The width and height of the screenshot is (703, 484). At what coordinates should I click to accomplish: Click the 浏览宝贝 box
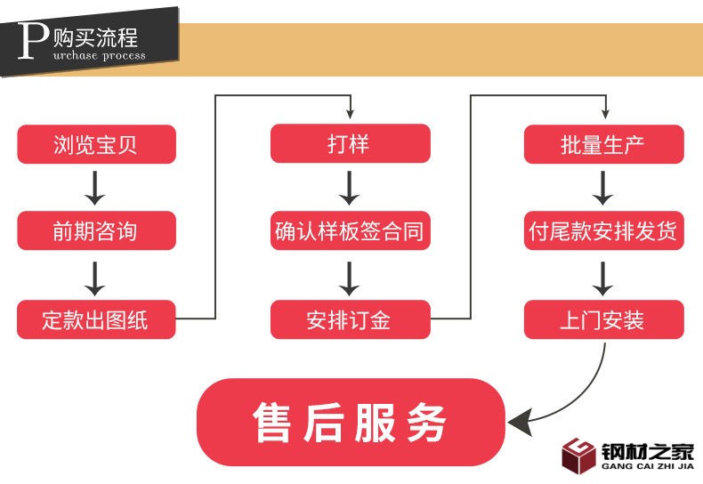(96, 144)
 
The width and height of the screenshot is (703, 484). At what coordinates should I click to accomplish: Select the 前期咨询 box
(96, 231)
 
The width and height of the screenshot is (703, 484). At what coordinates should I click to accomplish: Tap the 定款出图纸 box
(96, 319)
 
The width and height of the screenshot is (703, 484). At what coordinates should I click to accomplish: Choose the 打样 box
(350, 144)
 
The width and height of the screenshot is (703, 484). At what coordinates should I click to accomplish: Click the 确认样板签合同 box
(350, 231)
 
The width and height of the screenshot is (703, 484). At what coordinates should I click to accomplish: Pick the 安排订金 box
(350, 319)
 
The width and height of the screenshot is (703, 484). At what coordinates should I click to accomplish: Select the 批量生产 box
(603, 144)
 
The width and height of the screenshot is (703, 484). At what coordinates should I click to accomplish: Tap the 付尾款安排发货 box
(603, 231)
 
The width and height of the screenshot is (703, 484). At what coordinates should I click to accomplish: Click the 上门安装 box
(603, 319)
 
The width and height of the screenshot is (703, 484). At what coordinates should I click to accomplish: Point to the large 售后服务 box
(350, 422)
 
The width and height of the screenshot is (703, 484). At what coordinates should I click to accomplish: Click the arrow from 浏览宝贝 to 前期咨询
(96, 188)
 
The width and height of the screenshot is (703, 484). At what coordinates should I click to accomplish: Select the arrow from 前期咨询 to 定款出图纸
(96, 276)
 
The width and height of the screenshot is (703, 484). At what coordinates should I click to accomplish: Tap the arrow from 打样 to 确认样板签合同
(350, 188)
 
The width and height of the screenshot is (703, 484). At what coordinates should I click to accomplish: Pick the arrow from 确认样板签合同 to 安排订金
(350, 276)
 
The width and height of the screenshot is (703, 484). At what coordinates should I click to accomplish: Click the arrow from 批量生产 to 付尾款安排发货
(603, 188)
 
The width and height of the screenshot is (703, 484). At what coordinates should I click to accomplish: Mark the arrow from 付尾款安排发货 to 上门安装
(603, 276)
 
